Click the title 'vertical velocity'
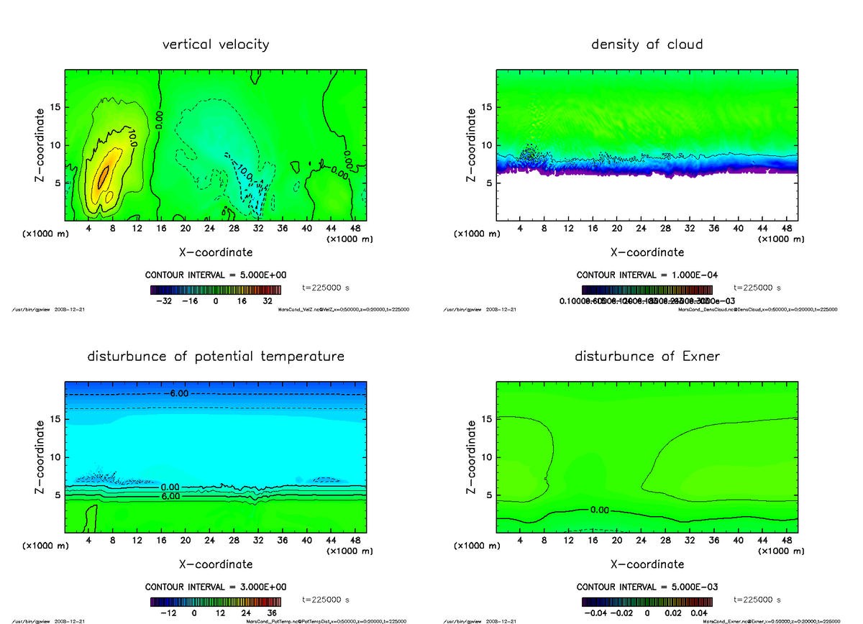click(216, 45)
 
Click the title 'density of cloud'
click(647, 45)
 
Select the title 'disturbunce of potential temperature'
click(216, 357)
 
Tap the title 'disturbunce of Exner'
click(647, 357)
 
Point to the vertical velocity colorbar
click(216, 290)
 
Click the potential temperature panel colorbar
click(216, 602)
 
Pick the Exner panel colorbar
click(647, 602)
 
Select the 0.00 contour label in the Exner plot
click(599, 510)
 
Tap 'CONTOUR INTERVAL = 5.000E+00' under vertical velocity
click(216, 275)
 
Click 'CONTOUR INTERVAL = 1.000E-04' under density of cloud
click(647, 275)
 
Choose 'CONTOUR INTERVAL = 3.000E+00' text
click(216, 587)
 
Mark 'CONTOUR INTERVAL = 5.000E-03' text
click(647, 587)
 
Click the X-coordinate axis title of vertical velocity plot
click(216, 252)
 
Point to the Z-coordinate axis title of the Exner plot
click(472, 456)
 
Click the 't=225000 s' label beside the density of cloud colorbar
click(757, 288)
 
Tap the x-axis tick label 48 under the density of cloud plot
click(786, 229)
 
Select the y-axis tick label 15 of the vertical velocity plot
click(56, 108)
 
